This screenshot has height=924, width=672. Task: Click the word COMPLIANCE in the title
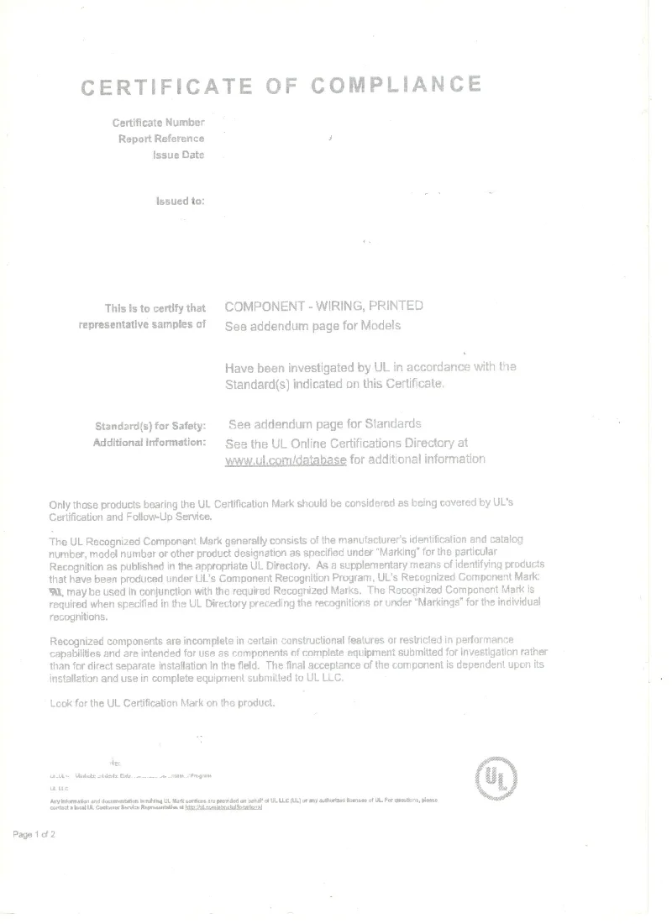[396, 84]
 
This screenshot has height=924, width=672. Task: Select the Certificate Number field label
[159, 123]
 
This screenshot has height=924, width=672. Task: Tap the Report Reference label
[161, 139]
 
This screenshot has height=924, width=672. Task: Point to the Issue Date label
[178, 155]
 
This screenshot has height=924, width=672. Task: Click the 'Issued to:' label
[181, 201]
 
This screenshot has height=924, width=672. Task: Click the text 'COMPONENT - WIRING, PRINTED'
[324, 306]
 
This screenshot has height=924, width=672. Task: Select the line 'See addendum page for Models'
[313, 326]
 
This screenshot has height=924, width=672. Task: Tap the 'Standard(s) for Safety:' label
[150, 426]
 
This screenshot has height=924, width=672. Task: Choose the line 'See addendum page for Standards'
[325, 423]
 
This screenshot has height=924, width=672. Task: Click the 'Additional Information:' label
[150, 442]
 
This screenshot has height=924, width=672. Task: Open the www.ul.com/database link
[286, 460]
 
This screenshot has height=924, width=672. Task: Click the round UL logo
[496, 780]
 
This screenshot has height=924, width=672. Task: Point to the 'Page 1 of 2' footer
[34, 834]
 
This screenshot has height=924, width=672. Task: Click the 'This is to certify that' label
[155, 307]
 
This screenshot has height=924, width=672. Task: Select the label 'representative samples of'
[142, 324]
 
